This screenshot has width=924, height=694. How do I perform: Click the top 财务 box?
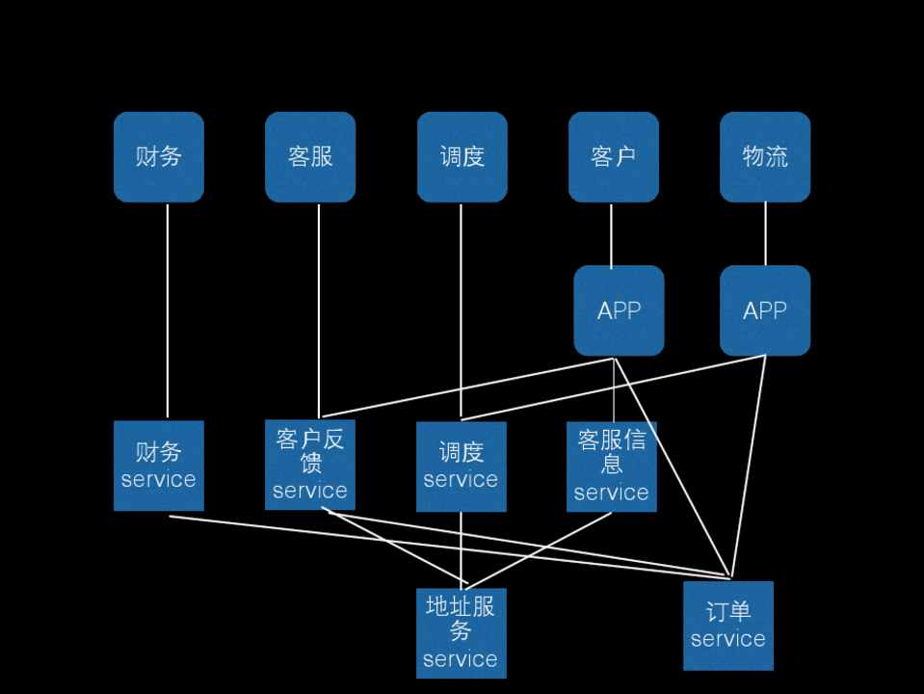click(159, 157)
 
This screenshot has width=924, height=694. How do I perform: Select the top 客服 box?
click(310, 157)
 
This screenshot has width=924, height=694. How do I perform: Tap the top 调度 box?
click(462, 157)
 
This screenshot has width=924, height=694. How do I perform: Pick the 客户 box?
click(613, 157)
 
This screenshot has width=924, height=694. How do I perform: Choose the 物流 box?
click(765, 157)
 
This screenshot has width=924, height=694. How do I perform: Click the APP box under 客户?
click(619, 310)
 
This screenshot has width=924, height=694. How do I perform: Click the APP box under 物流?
click(765, 310)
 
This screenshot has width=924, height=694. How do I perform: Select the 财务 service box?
click(159, 466)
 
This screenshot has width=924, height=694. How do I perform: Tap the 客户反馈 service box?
click(310, 465)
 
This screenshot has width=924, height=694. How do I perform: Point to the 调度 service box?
click(462, 467)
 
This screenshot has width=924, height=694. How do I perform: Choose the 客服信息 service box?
click(611, 467)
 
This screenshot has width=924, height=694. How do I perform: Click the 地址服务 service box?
click(461, 633)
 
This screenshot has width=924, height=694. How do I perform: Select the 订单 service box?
click(728, 626)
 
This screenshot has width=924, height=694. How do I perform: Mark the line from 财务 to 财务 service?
click(168, 308)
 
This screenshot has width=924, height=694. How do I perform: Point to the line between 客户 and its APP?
click(611, 234)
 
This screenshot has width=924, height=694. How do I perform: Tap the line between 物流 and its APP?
click(765, 234)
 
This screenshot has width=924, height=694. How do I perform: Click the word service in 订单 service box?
click(728, 639)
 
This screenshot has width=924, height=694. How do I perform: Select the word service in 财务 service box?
click(159, 480)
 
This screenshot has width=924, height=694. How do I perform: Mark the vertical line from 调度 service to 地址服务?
click(461, 549)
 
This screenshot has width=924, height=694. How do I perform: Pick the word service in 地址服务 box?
click(461, 660)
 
